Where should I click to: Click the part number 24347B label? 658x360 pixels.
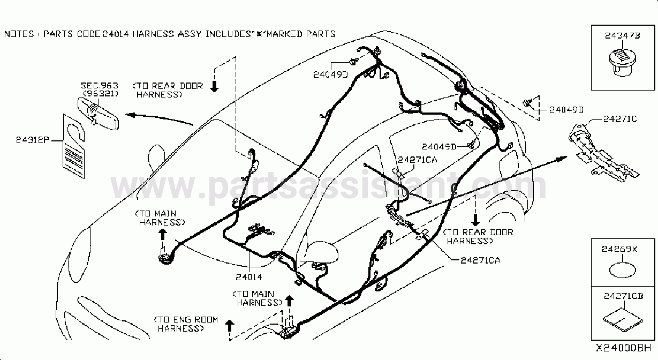(622, 35)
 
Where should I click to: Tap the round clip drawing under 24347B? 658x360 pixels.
(623, 63)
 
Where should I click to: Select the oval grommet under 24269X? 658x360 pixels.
(623, 270)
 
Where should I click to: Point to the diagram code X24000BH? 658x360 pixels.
(623, 348)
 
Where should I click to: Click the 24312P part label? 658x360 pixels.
(33, 140)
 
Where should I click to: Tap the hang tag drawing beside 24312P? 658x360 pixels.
(74, 146)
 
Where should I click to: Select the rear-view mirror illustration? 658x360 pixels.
(99, 113)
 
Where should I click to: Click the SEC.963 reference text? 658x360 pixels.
(100, 86)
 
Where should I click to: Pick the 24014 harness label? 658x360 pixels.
(248, 277)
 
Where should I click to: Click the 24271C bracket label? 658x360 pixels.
(620, 119)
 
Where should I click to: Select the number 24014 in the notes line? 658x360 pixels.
(116, 34)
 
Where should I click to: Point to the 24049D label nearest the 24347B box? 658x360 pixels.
(566, 110)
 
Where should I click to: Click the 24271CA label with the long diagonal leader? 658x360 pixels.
(480, 260)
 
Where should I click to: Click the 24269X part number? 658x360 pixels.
(619, 249)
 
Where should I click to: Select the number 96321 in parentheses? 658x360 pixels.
(101, 94)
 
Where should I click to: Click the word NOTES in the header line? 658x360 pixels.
(19, 34)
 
